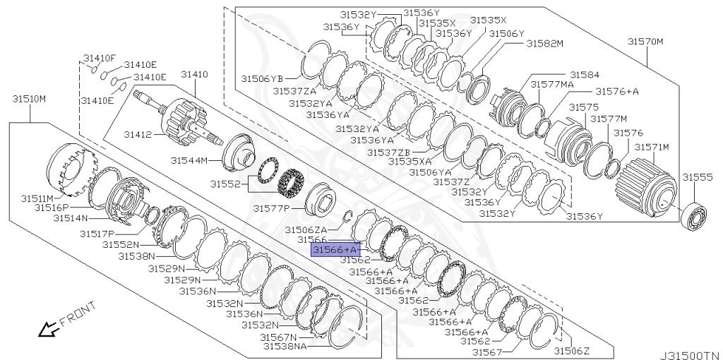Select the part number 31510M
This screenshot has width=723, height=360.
[29, 98]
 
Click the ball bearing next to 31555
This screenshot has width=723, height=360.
[696, 215]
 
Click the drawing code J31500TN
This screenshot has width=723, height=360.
[690, 355]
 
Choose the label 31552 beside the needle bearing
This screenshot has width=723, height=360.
[225, 184]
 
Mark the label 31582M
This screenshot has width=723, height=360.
[544, 43]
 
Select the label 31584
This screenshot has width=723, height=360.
[585, 74]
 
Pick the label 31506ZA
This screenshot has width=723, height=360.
[306, 229]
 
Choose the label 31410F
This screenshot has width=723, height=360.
[100, 58]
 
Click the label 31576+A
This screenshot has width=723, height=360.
[616, 91]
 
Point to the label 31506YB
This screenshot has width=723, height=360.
[262, 78]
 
